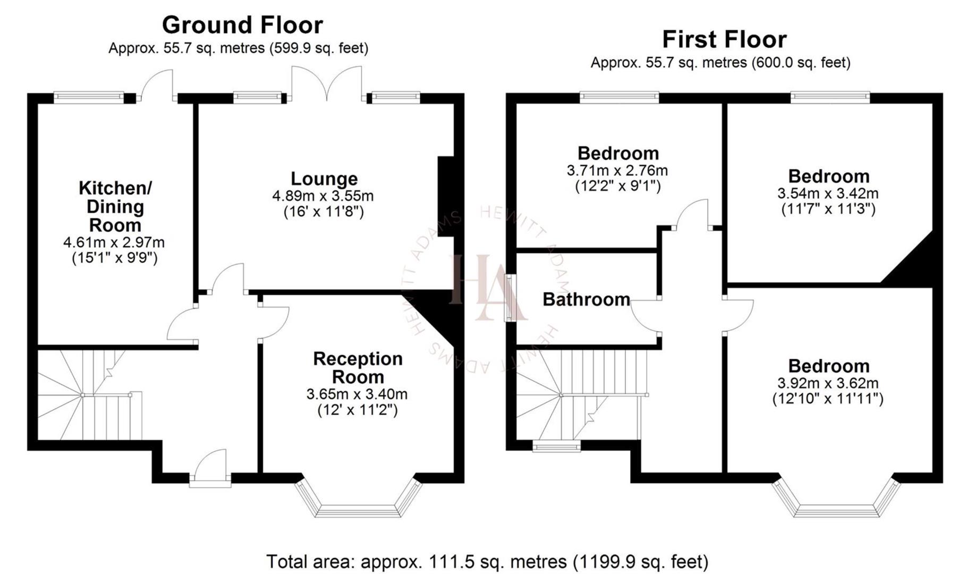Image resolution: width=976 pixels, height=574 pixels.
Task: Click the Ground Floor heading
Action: pos(242,25)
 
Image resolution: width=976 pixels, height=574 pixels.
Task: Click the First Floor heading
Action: pos(724,39)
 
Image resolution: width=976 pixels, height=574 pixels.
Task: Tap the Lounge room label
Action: pos(324,179)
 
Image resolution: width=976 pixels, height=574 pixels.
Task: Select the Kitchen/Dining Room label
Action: pos(115,206)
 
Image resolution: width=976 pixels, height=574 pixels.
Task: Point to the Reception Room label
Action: pos(358,368)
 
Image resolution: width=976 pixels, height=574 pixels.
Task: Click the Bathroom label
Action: pos(586,299)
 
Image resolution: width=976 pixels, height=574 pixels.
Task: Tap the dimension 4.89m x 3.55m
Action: pos(323,196)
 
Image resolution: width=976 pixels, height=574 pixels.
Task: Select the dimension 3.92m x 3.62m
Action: pos(828,383)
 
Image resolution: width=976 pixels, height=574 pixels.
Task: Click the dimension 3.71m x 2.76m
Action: pos(617,171)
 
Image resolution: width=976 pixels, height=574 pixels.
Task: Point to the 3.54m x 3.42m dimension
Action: pos(828,193)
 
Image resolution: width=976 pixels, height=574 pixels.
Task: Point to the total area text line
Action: pos(487,561)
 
